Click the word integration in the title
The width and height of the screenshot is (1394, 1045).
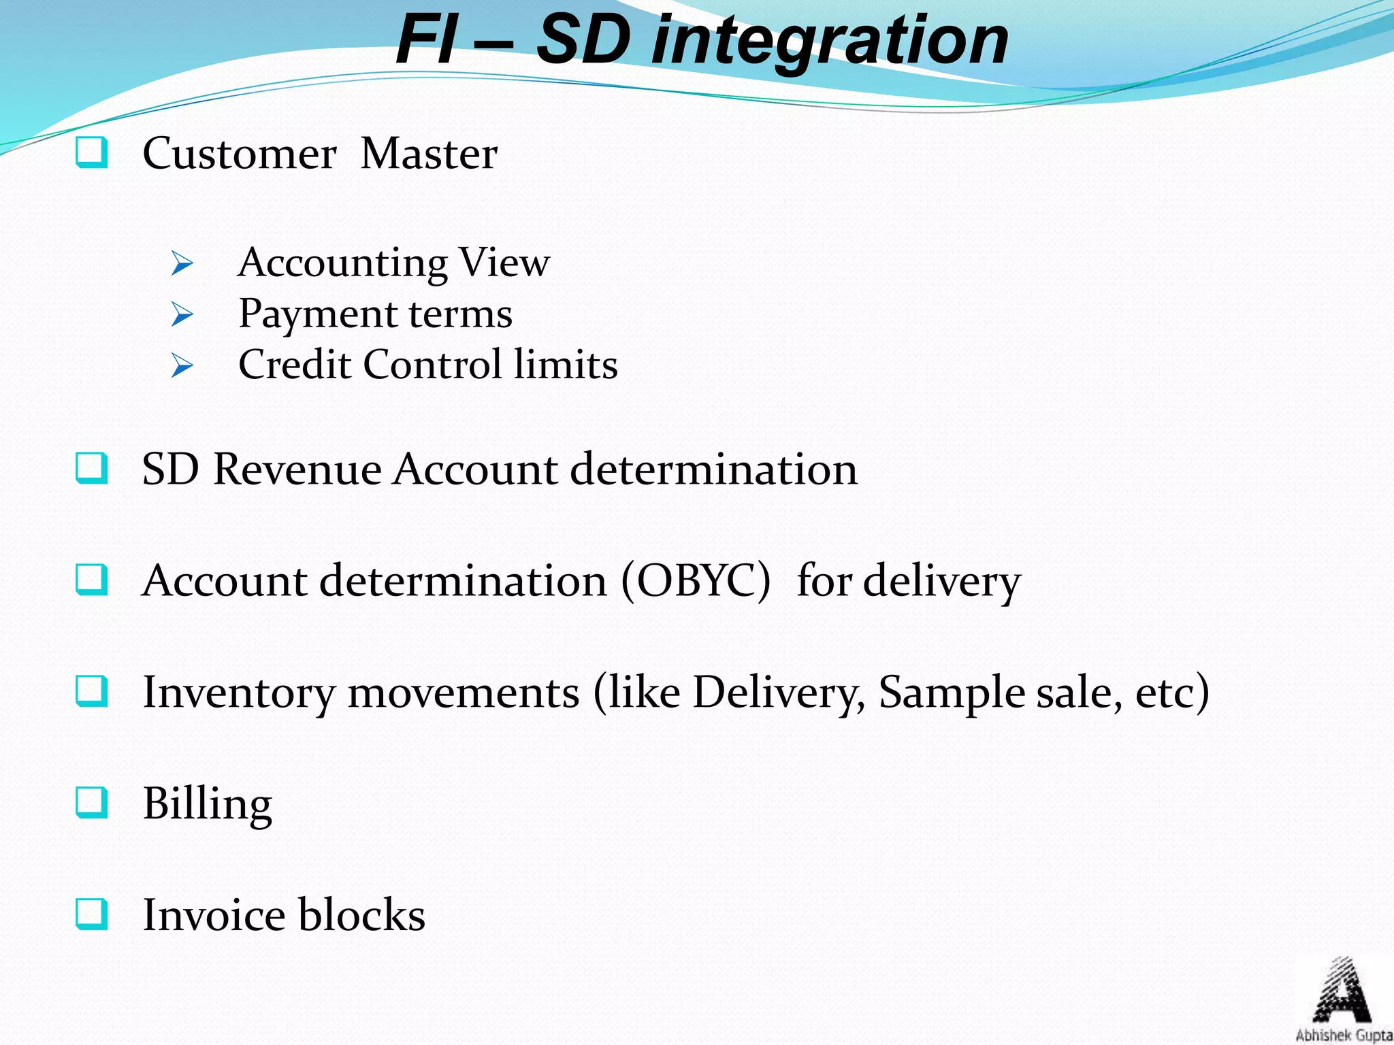[x=830, y=42]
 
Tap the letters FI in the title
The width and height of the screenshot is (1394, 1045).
[x=426, y=41]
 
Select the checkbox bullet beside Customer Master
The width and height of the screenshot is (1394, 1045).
[x=91, y=152]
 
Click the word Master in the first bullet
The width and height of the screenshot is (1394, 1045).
[x=429, y=153]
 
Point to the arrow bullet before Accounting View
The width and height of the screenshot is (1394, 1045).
[x=182, y=263]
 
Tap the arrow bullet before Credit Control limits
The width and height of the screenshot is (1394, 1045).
[x=182, y=365]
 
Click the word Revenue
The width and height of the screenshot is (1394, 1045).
[x=297, y=469]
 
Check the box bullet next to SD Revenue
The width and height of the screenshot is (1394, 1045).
[x=91, y=468]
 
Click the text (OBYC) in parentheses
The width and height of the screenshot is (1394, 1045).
[x=696, y=580]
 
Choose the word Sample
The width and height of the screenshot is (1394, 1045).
[x=951, y=693]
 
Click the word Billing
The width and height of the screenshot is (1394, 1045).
[x=207, y=803]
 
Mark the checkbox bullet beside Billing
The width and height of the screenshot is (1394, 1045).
[x=91, y=802]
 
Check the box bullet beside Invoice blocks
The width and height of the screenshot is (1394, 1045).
[x=91, y=914]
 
